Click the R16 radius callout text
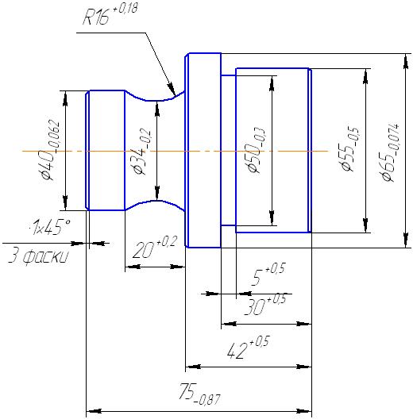coord(110,15)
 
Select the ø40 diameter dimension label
coord(50,150)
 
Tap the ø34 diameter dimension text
coord(141,151)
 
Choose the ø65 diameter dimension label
coord(390,152)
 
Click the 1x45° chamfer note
coord(51,227)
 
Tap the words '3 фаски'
coord(38,256)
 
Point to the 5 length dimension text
coord(268,274)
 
